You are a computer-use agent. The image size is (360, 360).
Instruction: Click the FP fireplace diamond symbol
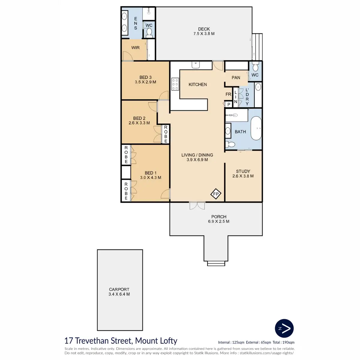pyautogui.click(x=216, y=194)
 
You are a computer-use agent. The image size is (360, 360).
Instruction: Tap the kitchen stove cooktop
pyautogui.click(x=175, y=84)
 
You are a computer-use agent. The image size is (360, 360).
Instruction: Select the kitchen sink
pyautogui.click(x=196, y=65)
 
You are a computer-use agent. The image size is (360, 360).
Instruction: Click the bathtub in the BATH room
pyautogui.click(x=256, y=128)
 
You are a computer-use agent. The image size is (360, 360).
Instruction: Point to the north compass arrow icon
pyautogui.click(x=284, y=334)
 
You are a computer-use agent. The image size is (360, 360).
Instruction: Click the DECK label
pyautogui.click(x=204, y=29)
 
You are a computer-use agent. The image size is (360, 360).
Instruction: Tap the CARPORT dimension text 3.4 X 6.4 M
pyautogui.click(x=119, y=294)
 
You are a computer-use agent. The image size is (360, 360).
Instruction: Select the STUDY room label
pyautogui.click(x=243, y=171)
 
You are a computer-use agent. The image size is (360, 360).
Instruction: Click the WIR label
pyautogui.click(x=135, y=48)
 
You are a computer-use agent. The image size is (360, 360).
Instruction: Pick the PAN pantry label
pyautogui.click(x=236, y=77)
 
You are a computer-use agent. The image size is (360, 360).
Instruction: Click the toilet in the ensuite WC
pyautogui.click(x=149, y=32)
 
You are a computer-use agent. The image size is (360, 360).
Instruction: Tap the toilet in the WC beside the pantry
pyautogui.click(x=255, y=67)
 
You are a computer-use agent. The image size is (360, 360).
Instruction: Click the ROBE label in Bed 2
pyautogui.click(x=166, y=134)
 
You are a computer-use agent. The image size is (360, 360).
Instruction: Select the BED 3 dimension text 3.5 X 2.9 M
pyautogui.click(x=145, y=82)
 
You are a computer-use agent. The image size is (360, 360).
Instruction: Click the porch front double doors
pyautogui.click(x=197, y=205)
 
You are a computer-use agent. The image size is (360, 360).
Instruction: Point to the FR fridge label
pyautogui.click(x=228, y=94)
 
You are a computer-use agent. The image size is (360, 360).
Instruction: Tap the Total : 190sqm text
pyautogui.click(x=283, y=342)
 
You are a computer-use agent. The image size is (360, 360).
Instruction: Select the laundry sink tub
pyautogui.click(x=258, y=87)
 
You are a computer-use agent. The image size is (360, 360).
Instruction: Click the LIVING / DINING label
pyautogui.click(x=197, y=155)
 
